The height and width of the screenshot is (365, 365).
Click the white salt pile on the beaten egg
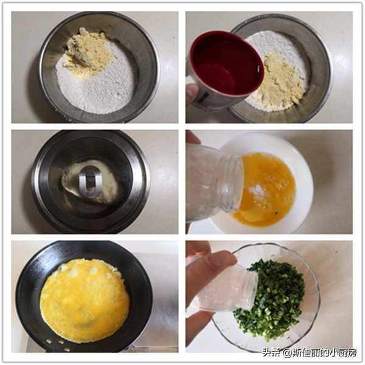coord(257,190)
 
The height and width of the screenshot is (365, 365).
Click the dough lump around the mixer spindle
coord(90,184)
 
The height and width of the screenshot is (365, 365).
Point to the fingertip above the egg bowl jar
coord(192,137)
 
